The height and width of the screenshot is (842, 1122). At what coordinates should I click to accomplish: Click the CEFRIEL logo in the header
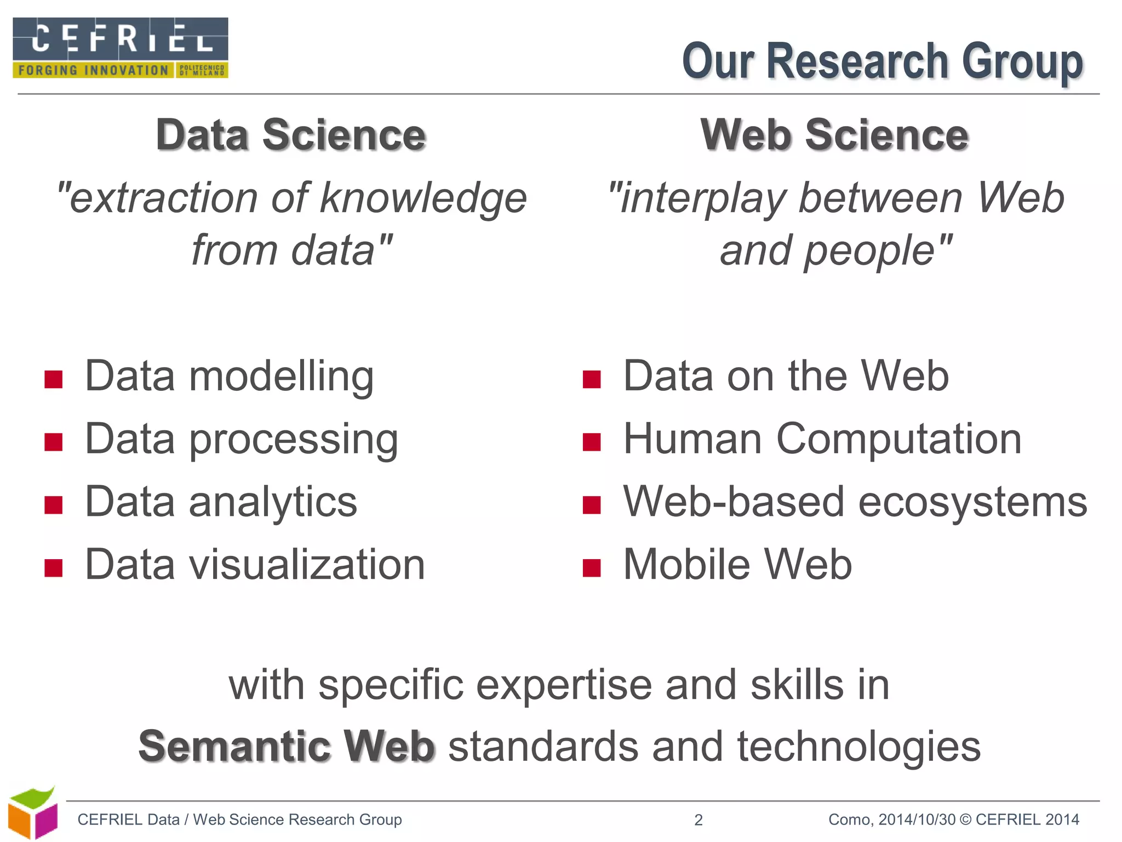pos(121,48)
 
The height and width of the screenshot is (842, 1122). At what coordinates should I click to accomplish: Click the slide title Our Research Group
pos(882,61)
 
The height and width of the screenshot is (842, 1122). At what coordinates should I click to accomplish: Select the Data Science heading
pos(291,135)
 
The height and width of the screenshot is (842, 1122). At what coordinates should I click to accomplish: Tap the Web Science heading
pos(834,135)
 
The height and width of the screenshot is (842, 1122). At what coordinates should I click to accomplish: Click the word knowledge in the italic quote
pos(423,198)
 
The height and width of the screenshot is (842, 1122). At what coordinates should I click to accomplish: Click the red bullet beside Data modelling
pos(54,379)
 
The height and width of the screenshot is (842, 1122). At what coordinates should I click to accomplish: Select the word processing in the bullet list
pos(294,440)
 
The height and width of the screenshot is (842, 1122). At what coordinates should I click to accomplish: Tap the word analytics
pos(273,502)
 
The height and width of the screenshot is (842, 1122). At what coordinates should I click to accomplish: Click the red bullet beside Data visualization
pos(54,568)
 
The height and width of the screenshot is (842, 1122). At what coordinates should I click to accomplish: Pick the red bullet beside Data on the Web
pos(592,379)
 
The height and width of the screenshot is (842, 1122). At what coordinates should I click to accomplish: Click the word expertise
pos(563,685)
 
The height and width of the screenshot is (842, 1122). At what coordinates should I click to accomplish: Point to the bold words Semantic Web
pos(287,747)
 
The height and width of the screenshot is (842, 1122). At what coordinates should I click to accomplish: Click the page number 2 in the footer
pos(699,820)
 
